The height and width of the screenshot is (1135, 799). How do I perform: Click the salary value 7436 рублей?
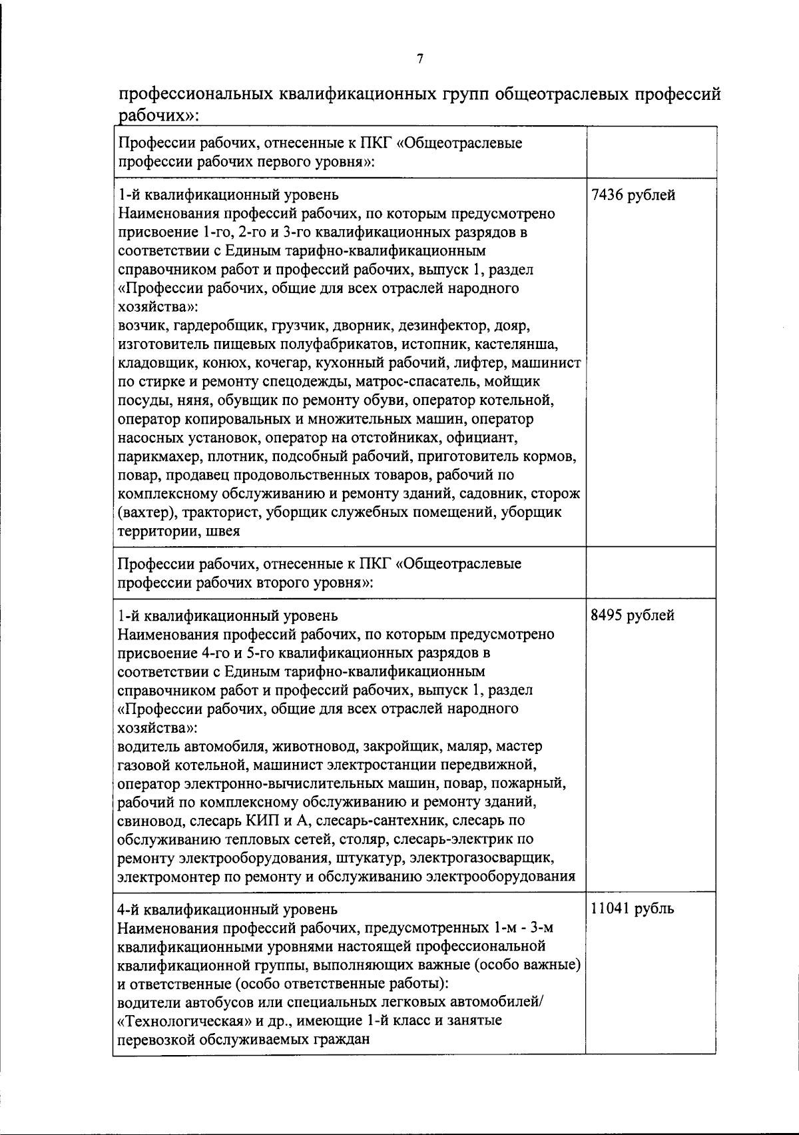click(x=633, y=196)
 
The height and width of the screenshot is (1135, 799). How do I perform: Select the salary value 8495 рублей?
click(x=633, y=615)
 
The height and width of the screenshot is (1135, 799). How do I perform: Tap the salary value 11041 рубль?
click(x=632, y=909)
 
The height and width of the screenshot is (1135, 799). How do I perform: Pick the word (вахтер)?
click(x=144, y=513)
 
